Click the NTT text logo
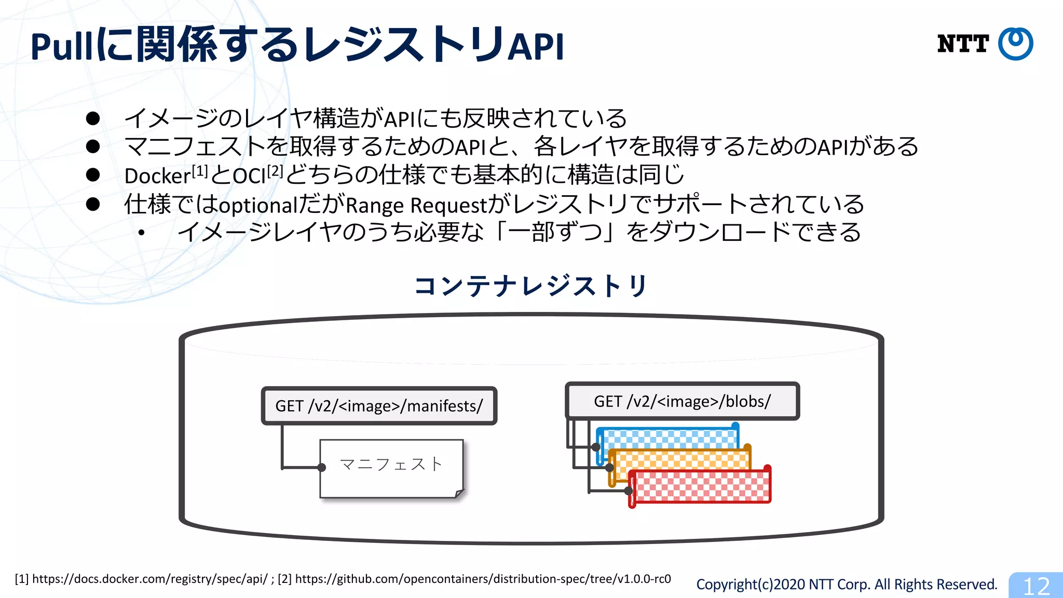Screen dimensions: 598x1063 pyautogui.click(x=963, y=44)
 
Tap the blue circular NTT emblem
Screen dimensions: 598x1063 pyautogui.click(x=1016, y=44)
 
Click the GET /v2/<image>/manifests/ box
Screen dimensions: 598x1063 pyautogui.click(x=379, y=406)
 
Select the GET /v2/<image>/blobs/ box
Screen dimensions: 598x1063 pyautogui.click(x=682, y=401)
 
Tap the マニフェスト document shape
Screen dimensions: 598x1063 pyautogui.click(x=391, y=468)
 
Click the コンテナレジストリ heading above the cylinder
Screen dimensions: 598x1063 pyautogui.click(x=530, y=286)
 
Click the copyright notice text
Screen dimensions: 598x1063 pyautogui.click(x=847, y=585)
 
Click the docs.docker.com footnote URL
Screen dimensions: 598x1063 pyautogui.click(x=149, y=579)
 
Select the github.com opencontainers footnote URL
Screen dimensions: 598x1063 pyautogui.click(x=483, y=579)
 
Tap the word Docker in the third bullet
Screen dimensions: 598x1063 pyautogui.click(x=157, y=176)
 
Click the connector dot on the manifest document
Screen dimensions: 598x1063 pyautogui.click(x=322, y=468)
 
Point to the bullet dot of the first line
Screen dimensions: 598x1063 pyautogui.click(x=93, y=118)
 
